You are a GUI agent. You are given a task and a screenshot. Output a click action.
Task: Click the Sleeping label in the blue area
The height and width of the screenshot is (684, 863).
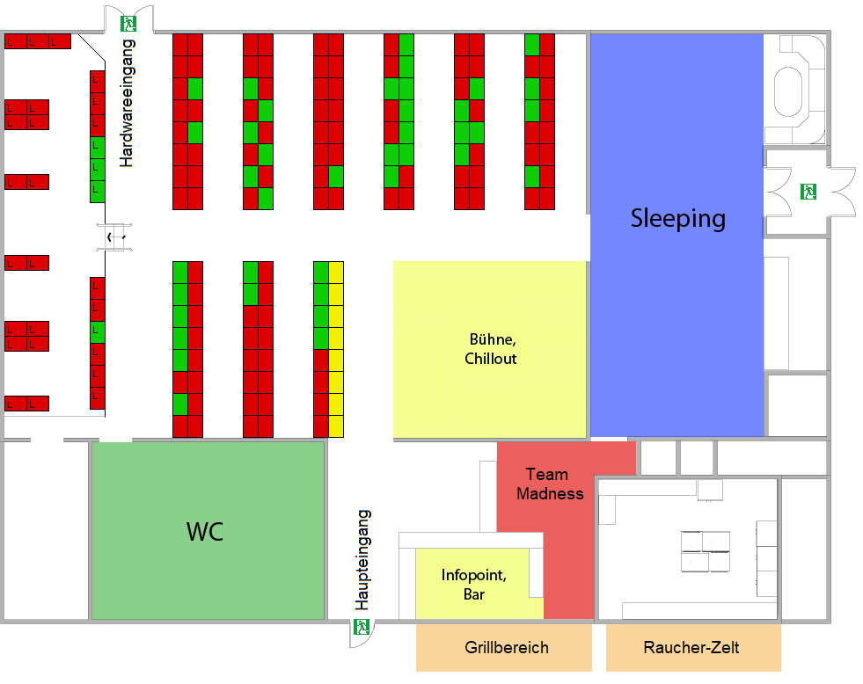[677, 219]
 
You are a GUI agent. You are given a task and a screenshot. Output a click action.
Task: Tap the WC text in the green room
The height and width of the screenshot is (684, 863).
[205, 532]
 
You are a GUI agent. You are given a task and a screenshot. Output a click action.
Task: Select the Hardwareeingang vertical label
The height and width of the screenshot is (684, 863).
[127, 103]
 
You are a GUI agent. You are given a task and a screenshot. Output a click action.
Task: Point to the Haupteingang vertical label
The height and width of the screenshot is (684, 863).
[362, 560]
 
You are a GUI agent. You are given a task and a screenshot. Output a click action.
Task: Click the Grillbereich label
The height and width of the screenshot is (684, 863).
[507, 648]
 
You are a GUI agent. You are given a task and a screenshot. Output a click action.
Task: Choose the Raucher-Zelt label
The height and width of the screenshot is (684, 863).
[691, 648]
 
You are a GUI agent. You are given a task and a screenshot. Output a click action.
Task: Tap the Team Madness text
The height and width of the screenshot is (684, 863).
[550, 484]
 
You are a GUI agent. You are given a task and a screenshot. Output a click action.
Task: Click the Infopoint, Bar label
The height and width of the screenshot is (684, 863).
[474, 585]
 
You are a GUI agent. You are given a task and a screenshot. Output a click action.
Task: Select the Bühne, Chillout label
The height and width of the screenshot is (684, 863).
[491, 349]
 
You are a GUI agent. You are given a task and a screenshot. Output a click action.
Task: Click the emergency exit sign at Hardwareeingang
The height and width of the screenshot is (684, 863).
[128, 24]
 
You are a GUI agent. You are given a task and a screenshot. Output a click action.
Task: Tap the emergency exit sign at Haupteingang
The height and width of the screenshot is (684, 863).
[361, 627]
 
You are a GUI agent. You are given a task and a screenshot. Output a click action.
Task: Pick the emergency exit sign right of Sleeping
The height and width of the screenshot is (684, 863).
[808, 192]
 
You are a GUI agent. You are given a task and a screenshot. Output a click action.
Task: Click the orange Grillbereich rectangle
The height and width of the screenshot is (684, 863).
[504, 648]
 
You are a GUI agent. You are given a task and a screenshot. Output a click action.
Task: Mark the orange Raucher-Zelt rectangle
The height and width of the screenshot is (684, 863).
[693, 648]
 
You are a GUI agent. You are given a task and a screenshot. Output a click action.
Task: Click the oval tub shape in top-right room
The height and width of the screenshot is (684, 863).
[788, 91]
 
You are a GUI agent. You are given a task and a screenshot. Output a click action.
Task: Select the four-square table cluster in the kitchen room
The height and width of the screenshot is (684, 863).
[706, 551]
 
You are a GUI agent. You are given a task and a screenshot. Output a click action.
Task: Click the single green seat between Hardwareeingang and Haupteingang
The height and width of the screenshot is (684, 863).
[98, 332]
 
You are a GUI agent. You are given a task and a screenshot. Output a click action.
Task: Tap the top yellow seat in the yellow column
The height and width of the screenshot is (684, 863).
[336, 273]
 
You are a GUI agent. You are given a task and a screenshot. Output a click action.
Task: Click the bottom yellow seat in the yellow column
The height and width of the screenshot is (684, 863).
[336, 426]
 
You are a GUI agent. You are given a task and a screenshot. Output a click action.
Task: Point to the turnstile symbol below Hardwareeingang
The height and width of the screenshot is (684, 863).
[114, 237]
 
